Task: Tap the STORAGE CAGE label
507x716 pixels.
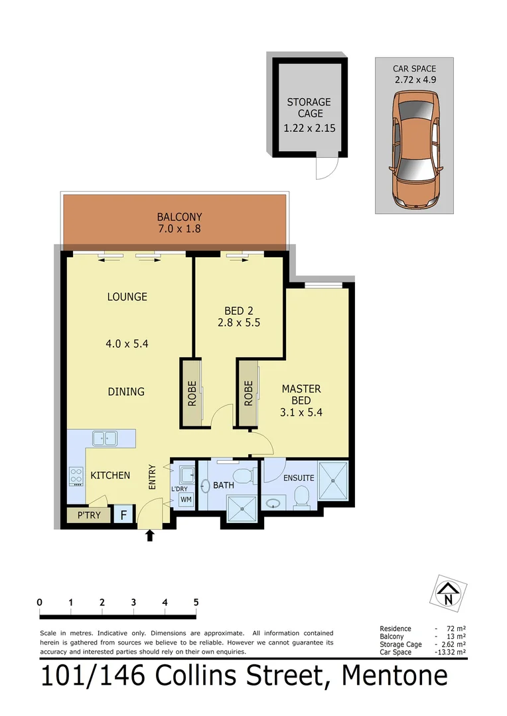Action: tap(309, 107)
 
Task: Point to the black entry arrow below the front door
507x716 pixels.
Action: tap(149, 535)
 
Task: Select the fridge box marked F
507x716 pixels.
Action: tap(123, 514)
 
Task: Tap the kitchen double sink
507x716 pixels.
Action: tap(105, 438)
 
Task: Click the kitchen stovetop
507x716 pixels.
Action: tap(75, 476)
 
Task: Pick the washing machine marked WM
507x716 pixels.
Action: tap(186, 499)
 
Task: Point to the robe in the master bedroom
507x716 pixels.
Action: tap(249, 392)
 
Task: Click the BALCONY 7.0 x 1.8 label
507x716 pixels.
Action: tap(179, 223)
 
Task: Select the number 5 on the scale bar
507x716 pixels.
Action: tap(196, 602)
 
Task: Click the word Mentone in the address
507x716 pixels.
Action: tap(394, 676)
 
